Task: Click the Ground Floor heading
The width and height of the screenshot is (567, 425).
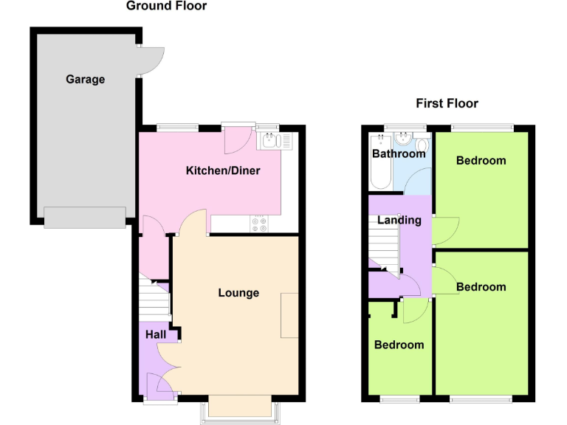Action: pos(166,7)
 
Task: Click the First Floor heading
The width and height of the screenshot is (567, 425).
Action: pos(447,103)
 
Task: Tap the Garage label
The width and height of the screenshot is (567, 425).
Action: pos(85,80)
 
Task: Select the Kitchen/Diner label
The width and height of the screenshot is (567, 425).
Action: pos(222,171)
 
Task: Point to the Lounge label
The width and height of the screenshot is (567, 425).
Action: pos(238,293)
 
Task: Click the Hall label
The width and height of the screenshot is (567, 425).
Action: pos(155,335)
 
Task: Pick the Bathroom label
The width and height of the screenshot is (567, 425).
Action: pos(399,154)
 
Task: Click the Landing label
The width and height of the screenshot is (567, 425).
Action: pos(399,220)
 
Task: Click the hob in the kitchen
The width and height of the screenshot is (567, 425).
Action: pos(260,224)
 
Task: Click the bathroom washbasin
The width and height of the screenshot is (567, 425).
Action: pos(404,138)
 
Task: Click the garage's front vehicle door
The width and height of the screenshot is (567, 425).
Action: pos(84,218)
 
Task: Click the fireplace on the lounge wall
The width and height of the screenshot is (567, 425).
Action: pos(289,316)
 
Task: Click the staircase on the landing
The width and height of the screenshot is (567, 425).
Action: pos(384,247)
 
